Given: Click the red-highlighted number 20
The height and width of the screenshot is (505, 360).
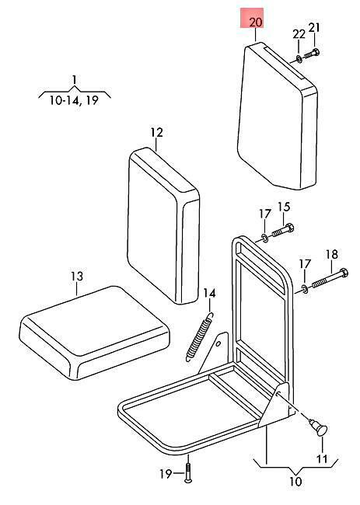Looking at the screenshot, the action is coord(256,23).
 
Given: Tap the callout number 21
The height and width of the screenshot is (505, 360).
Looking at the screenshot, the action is coord(314,28).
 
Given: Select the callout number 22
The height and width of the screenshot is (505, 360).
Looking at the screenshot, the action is coord(299,34).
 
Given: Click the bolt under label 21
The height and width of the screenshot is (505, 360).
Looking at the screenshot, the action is coord(312,54).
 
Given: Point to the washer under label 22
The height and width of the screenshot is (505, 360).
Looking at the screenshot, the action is coord(299,58).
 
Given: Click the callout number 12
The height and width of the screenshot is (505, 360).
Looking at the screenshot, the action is coord(156,133).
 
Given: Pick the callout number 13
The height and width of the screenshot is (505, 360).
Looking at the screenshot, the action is coord(77,277).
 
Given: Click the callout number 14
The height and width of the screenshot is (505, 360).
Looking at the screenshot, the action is coord(209,294).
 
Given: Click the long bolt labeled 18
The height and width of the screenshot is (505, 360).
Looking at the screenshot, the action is coord(330,279).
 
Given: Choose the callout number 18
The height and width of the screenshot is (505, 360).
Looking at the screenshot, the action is coord(332,254).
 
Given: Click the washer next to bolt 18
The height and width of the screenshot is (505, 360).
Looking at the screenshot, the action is coord(305,288).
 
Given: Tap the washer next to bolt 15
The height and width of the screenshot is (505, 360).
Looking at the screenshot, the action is coord(264,239).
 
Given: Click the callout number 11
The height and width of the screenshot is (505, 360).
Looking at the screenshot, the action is coord(323,458).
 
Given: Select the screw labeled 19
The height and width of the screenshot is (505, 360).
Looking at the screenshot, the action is coord(188,473).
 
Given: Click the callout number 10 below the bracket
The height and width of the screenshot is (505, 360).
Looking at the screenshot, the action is coord(295,482).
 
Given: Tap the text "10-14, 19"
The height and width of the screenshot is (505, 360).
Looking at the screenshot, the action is coord(74,101).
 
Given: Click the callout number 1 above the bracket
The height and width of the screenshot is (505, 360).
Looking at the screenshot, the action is coord(75,79).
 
